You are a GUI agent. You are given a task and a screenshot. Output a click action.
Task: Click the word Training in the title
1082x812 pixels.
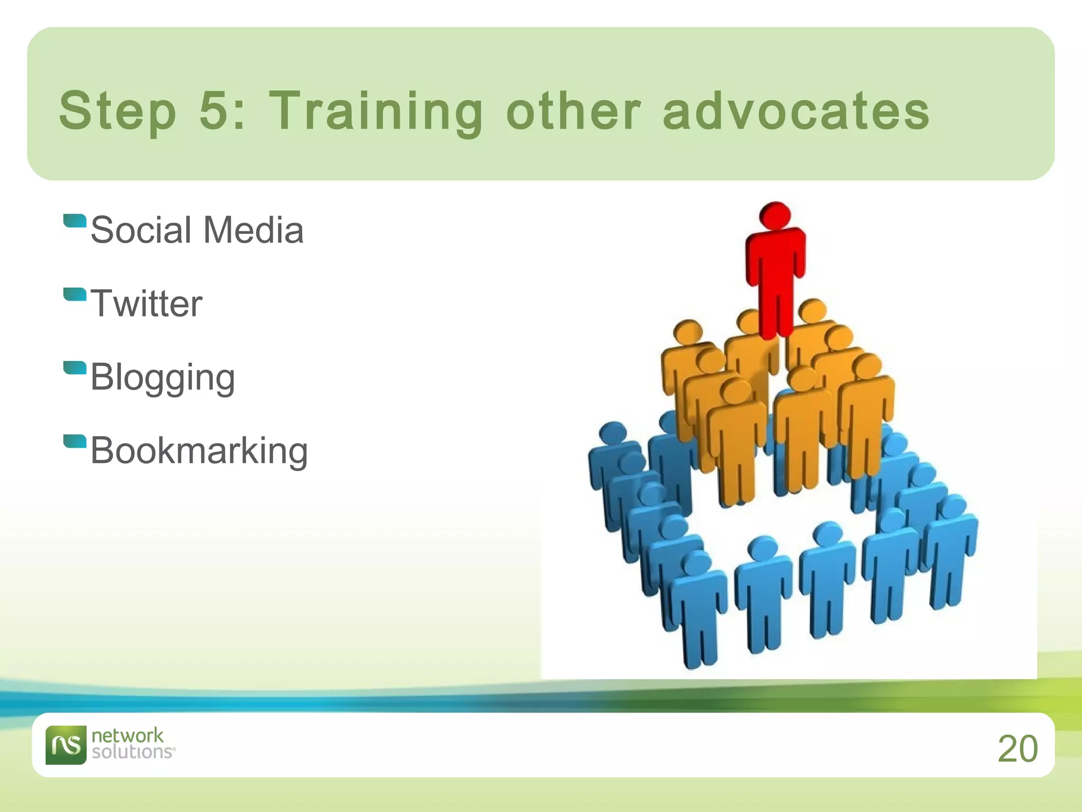pos(376,111)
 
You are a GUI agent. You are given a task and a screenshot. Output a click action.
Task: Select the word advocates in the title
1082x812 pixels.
pos(796,111)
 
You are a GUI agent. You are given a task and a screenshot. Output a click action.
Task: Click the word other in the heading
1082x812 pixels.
pos(573,111)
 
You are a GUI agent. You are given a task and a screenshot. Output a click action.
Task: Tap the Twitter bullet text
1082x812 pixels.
pos(146,303)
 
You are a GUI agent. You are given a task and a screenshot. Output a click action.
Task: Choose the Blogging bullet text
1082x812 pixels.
pos(163,378)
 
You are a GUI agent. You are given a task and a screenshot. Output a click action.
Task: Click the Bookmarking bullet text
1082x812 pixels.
pos(199,451)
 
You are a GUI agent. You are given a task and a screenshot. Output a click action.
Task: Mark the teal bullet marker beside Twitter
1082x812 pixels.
pos(74,294)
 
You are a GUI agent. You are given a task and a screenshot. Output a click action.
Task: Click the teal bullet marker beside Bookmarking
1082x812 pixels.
pos(74,441)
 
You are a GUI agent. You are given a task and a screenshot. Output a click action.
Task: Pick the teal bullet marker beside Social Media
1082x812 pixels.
pos(74,220)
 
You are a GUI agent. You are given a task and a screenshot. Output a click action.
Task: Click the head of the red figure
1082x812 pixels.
pos(775,215)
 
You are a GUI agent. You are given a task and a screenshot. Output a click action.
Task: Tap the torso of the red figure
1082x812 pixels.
pos(776,259)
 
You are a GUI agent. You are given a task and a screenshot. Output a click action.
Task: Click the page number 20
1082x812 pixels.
pos(1018,749)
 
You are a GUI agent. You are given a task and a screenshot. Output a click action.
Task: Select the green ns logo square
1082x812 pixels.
pos(66,745)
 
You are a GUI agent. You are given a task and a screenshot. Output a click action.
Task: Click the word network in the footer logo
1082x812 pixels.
pos(127,735)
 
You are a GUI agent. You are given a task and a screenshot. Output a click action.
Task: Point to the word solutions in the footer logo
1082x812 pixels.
pos(132,752)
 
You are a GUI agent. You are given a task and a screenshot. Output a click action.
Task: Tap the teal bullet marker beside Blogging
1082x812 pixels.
pos(74,367)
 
